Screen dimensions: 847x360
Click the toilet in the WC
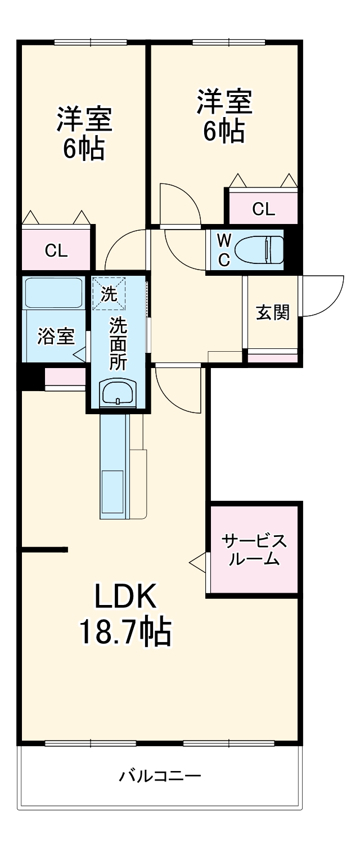[x=259, y=249]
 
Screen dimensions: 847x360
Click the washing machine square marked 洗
[x=109, y=293]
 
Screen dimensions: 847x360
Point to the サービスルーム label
[x=254, y=550]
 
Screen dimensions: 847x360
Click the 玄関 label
[x=273, y=313]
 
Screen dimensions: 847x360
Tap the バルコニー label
[x=160, y=777]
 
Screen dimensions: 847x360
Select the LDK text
[x=125, y=598]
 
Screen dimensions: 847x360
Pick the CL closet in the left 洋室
[x=56, y=251]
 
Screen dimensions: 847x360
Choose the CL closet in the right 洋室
[x=263, y=209]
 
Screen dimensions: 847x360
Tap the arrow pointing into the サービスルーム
[x=197, y=562]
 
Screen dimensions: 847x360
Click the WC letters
[x=223, y=249]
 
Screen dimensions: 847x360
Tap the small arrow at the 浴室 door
[x=79, y=355]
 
